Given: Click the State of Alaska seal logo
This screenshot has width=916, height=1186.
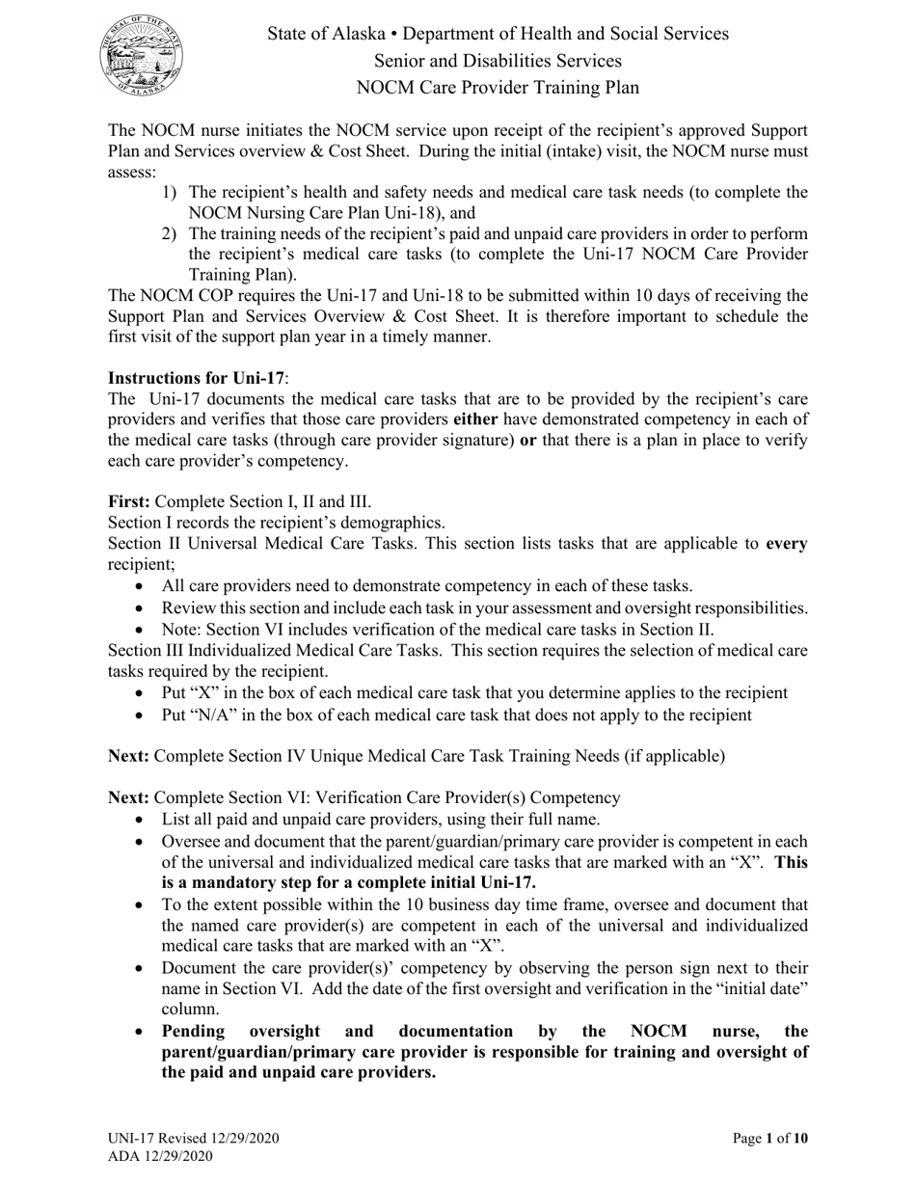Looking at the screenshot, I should tap(142, 56).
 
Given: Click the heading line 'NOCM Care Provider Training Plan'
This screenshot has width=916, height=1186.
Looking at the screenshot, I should tap(498, 88).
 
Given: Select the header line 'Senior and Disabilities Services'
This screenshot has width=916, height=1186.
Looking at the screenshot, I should tap(498, 61).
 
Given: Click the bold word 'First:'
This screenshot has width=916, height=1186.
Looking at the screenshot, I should tap(129, 501).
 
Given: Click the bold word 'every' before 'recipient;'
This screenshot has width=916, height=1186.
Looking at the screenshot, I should tap(787, 543).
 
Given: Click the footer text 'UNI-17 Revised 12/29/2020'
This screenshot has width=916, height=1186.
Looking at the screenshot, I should tap(194, 1139).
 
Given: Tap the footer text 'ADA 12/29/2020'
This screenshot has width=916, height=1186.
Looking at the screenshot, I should tap(160, 1156).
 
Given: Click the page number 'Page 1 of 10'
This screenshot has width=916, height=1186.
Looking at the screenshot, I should tap(770, 1139).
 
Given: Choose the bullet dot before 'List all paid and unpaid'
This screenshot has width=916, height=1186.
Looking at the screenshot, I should tap(142, 820).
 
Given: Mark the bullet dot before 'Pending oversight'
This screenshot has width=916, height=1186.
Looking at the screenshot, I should tap(142, 1031).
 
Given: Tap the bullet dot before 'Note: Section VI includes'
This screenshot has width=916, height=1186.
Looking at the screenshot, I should tap(142, 630).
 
